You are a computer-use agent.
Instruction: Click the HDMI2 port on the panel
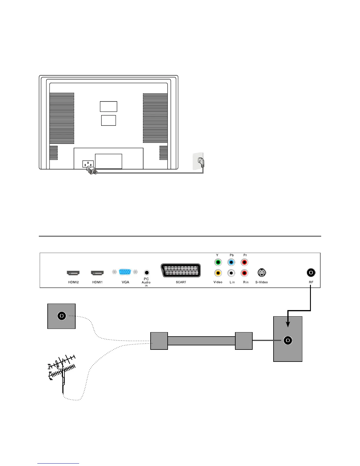pyautogui.click(x=73, y=273)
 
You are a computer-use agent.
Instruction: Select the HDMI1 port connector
pyautogui.click(x=97, y=273)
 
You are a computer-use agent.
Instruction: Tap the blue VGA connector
pyautogui.click(x=125, y=272)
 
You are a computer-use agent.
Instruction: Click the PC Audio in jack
pyautogui.click(x=146, y=273)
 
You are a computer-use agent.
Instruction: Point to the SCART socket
pyautogui.click(x=181, y=270)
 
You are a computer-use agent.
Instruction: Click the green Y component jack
pyautogui.click(x=218, y=262)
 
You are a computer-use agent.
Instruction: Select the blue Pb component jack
pyautogui.click(x=231, y=262)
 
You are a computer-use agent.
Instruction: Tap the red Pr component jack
pyautogui.click(x=244, y=262)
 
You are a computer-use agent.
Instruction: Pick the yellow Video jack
pyautogui.click(x=218, y=273)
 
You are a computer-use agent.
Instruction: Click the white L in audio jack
pyautogui.click(x=231, y=273)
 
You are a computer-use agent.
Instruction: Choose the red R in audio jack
pyautogui.click(x=244, y=273)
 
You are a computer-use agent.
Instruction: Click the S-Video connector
pyautogui.click(x=261, y=273)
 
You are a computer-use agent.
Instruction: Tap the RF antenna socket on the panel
pyautogui.click(x=311, y=273)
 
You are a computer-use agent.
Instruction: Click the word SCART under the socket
pyautogui.click(x=181, y=282)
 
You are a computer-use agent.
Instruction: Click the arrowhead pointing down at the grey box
pyautogui.click(x=288, y=323)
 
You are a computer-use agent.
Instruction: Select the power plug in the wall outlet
pyautogui.click(x=201, y=162)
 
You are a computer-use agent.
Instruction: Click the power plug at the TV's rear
pyautogui.click(x=91, y=170)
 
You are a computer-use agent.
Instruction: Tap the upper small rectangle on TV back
pyautogui.click(x=109, y=106)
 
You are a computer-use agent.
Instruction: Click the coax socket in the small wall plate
pyautogui.click(x=61, y=316)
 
